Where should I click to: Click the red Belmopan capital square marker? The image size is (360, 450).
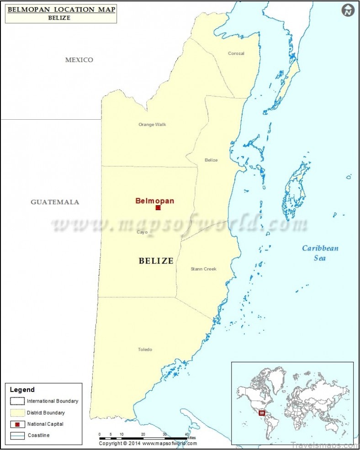(158, 208)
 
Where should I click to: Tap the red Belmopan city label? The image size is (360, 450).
(154, 200)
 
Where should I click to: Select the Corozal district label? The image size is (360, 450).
(236, 53)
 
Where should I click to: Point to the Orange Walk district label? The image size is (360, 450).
(153, 124)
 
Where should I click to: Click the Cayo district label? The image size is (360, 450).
(142, 232)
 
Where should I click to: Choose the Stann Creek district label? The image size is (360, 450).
(203, 269)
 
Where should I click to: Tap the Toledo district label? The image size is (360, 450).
(145, 349)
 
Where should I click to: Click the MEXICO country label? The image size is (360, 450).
(79, 60)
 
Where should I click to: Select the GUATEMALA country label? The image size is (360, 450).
(55, 202)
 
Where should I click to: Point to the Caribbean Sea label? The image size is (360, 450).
(320, 253)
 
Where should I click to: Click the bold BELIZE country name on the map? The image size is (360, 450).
(156, 261)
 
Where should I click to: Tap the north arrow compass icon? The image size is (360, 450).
(348, 10)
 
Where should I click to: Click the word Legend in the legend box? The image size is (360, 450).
(22, 390)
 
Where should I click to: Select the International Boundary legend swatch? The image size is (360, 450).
(17, 401)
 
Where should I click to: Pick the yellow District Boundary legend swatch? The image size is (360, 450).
(17, 413)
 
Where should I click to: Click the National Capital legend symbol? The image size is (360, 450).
(17, 424)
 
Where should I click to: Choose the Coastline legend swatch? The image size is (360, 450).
(17, 435)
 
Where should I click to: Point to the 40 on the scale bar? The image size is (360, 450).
(186, 434)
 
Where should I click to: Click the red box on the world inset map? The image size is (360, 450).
(262, 413)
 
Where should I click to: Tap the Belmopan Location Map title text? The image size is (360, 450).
(61, 9)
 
